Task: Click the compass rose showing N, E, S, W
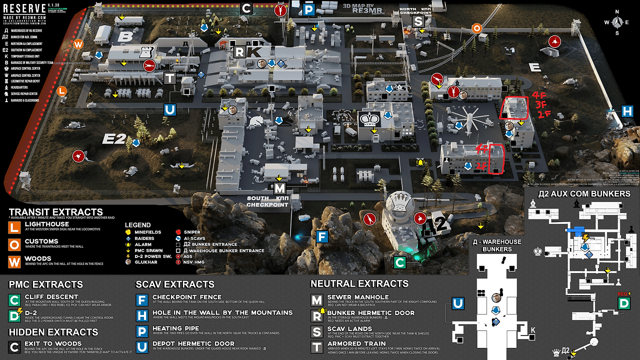click(617, 22)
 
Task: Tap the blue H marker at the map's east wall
click(627, 111)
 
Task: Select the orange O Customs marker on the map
click(477, 28)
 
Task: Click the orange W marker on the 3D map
click(78, 44)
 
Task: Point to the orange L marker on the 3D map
click(62, 91)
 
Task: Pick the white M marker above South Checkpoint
click(279, 188)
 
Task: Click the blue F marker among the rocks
click(322, 236)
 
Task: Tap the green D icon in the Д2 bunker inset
click(623, 303)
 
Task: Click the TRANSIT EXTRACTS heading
click(55, 212)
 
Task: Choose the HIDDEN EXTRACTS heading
click(53, 332)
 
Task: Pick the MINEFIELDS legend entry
click(148, 232)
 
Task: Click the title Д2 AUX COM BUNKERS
click(584, 194)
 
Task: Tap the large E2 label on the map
click(113, 138)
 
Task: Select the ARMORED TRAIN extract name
click(356, 343)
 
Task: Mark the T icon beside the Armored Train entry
click(317, 346)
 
